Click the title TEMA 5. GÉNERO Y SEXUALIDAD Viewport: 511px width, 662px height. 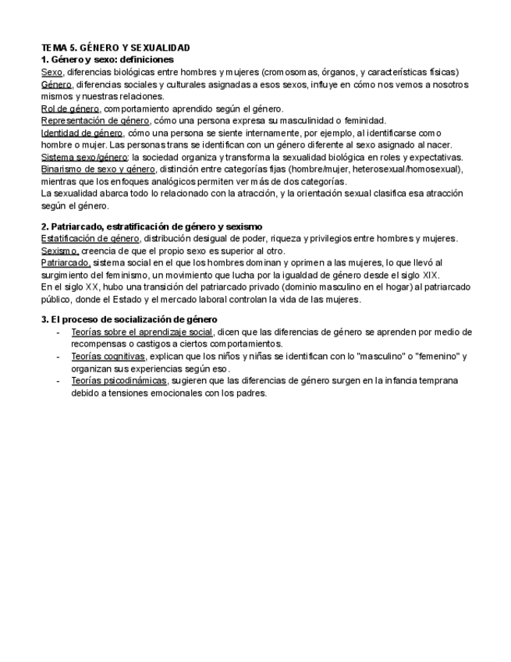click(x=115, y=48)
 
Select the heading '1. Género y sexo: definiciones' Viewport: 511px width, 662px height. click(x=107, y=59)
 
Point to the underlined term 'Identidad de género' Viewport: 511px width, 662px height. click(x=82, y=133)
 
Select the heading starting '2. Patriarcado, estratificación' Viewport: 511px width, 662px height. click(x=151, y=226)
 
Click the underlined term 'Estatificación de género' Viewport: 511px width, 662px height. click(x=90, y=238)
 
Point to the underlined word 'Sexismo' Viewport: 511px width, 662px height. click(x=60, y=251)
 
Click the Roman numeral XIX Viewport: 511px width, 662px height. click(x=430, y=275)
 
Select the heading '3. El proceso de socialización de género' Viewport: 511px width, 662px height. click(x=129, y=319)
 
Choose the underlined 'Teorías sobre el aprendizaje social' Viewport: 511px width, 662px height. click(x=141, y=332)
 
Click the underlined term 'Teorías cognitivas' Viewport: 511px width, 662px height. click(x=108, y=356)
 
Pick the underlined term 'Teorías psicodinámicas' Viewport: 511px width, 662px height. click(x=119, y=380)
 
